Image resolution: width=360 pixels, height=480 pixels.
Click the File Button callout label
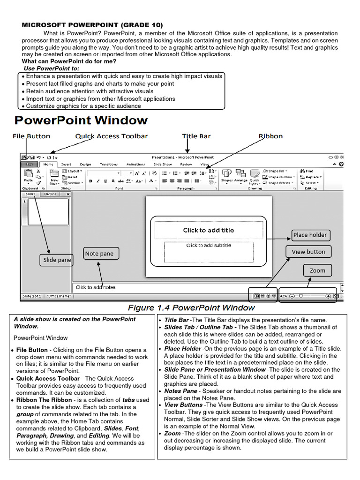pyautogui.click(x=31, y=136)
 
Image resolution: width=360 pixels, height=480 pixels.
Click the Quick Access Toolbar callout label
pyautogui.click(x=112, y=136)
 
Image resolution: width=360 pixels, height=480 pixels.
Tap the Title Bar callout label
pyautogui.click(x=196, y=136)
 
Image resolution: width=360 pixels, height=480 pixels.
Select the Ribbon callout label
pyautogui.click(x=271, y=136)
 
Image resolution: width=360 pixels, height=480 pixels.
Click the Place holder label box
pyautogui.click(x=310, y=235)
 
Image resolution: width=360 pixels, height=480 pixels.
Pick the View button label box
pyautogui.click(x=308, y=252)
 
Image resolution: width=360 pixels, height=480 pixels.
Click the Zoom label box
pyautogui.click(x=317, y=270)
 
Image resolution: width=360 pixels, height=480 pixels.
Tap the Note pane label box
pyautogui.click(x=99, y=254)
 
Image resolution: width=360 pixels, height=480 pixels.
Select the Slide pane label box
pyautogui.click(x=57, y=260)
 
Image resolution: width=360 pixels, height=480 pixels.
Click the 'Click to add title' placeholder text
pyautogui.click(x=208, y=230)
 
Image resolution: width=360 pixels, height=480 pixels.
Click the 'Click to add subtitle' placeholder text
pyautogui.click(x=209, y=245)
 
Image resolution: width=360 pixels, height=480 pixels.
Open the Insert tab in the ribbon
pyautogui.click(x=66, y=165)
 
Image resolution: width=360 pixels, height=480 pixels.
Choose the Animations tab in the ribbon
pyautogui.click(x=135, y=165)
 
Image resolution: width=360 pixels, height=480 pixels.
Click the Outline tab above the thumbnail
pyautogui.click(x=51, y=194)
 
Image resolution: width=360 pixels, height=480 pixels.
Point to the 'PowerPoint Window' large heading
pyautogui.click(x=81, y=121)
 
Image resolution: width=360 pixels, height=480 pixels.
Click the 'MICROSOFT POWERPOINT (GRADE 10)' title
pyautogui.click(x=92, y=25)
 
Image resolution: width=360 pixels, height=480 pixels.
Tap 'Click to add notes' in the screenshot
pyautogui.click(x=96, y=287)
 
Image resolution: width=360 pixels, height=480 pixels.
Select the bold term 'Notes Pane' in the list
pyautogui.click(x=180, y=391)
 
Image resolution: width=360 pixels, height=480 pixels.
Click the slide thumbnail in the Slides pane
pyautogui.click(x=48, y=211)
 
